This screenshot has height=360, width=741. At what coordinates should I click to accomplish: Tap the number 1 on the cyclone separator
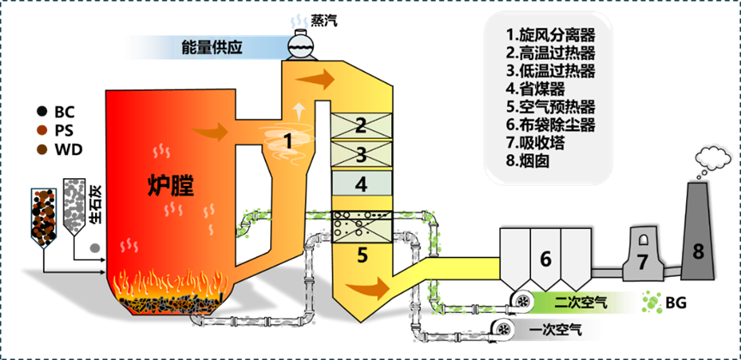click(288, 138)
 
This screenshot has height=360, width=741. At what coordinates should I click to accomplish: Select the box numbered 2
click(361, 125)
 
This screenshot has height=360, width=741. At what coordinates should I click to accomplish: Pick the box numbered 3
click(361, 155)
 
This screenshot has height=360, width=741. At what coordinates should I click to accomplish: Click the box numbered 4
click(361, 183)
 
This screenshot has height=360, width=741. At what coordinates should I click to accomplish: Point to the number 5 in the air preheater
click(361, 254)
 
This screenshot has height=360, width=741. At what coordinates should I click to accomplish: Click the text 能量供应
click(212, 48)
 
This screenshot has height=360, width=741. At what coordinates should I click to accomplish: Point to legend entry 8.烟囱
click(530, 160)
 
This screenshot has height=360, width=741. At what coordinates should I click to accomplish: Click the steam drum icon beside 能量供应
click(299, 45)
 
